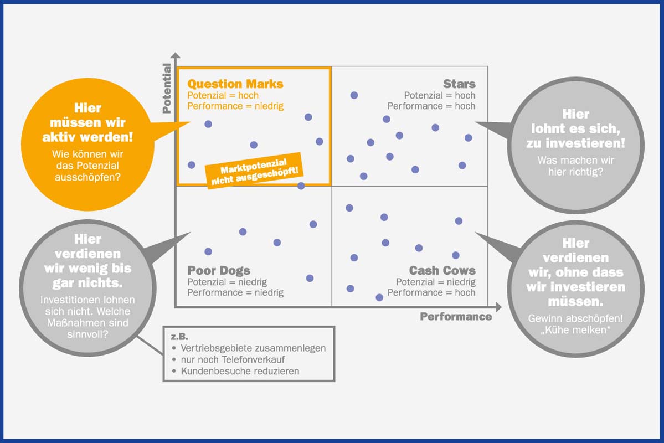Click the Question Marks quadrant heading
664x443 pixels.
(235, 84)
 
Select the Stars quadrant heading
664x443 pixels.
(459, 84)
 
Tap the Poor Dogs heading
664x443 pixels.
(219, 271)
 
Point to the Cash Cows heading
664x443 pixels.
(442, 271)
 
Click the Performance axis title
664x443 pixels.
(456, 317)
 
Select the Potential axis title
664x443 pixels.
(167, 88)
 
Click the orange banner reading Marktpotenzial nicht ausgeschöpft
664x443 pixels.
(254, 171)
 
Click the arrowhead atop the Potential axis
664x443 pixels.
(176, 55)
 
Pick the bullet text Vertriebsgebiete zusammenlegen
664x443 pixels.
(253, 348)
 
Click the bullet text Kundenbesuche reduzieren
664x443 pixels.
(240, 371)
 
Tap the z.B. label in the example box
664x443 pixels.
(179, 337)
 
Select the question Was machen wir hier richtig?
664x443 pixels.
(576, 166)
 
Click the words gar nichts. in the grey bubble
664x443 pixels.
(88, 284)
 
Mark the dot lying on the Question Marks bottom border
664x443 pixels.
(301, 186)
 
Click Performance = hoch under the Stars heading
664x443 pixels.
(431, 106)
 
